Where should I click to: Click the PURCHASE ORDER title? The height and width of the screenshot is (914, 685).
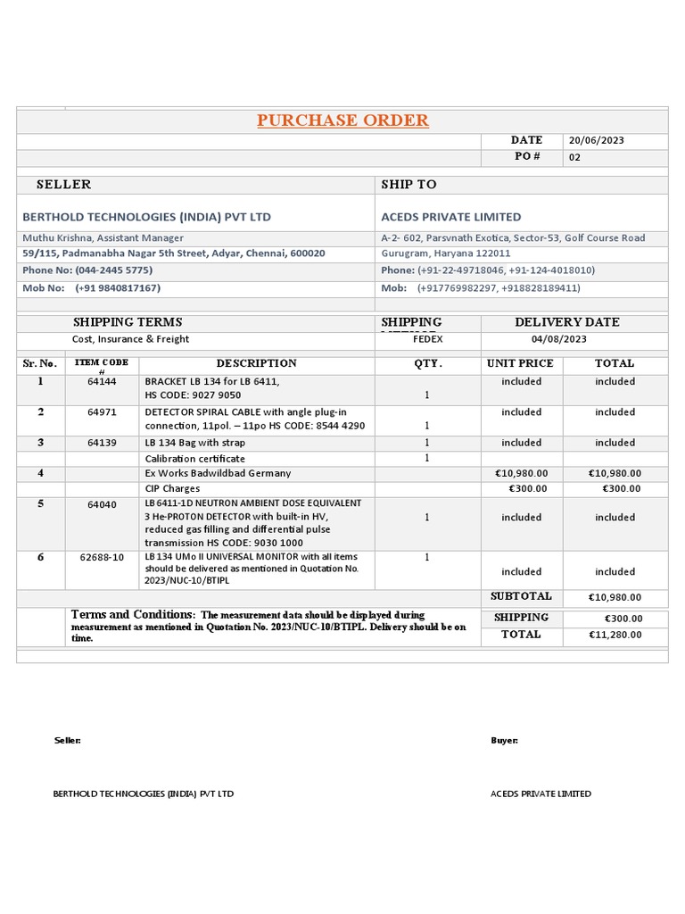click(342, 120)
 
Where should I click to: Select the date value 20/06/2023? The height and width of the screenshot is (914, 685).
click(596, 140)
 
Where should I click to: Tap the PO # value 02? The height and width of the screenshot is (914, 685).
click(574, 158)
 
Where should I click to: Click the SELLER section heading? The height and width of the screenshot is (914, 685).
click(63, 185)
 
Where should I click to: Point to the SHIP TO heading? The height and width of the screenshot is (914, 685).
click(409, 185)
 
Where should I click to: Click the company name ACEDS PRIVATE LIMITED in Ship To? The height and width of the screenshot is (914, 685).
click(450, 217)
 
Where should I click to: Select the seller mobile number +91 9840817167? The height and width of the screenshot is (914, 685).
click(118, 288)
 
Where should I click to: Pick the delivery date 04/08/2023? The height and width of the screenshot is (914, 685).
click(558, 339)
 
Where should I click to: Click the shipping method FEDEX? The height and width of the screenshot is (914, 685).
click(427, 339)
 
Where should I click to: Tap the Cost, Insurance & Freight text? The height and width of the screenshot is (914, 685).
click(130, 339)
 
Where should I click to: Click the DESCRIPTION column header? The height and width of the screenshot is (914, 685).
click(256, 363)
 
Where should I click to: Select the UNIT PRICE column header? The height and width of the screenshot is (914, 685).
click(520, 363)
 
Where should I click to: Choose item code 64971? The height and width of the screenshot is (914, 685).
click(102, 412)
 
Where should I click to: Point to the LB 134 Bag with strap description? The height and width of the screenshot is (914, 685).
click(194, 443)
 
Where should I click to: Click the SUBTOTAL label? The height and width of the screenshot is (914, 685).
click(521, 596)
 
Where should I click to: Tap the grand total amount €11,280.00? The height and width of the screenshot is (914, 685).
click(615, 635)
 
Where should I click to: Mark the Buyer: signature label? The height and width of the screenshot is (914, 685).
click(504, 741)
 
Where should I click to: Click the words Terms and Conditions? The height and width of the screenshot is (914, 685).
click(132, 615)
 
